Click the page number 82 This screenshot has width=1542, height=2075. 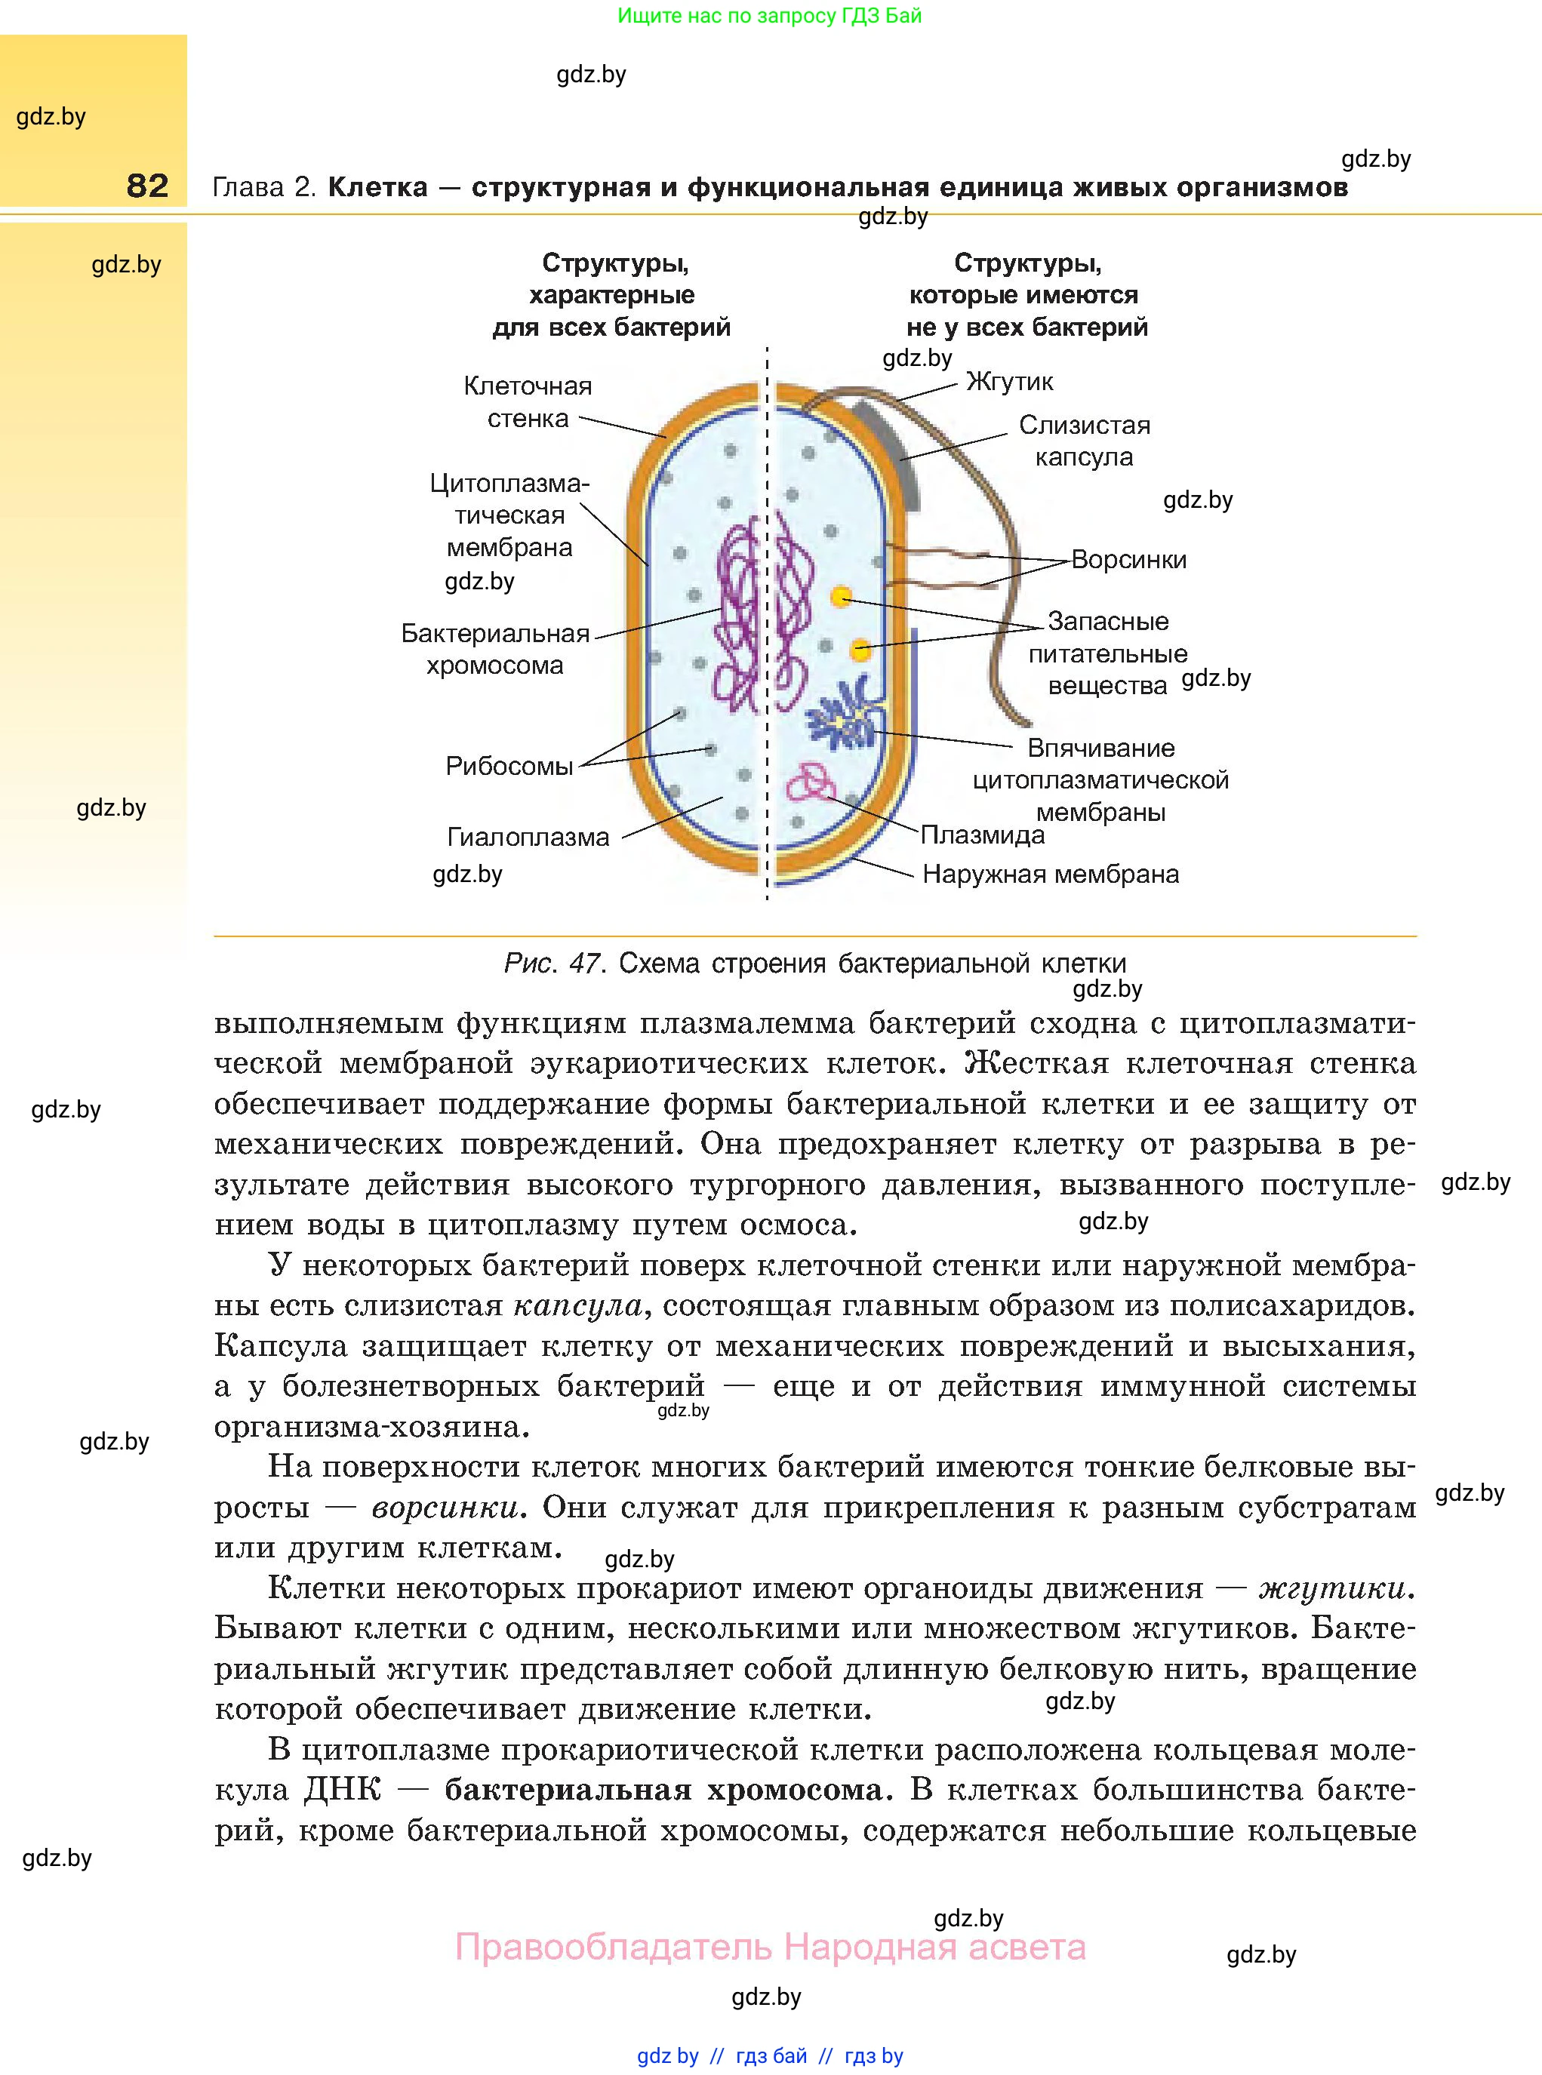[x=147, y=186]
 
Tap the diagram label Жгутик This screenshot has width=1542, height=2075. [x=1009, y=382]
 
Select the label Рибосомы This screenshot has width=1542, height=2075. [x=509, y=766]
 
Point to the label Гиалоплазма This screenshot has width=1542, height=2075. [x=528, y=837]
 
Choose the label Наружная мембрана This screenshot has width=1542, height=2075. [x=1050, y=875]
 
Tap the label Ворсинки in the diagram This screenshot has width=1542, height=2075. [x=1128, y=560]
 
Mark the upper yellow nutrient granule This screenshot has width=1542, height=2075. [x=842, y=595]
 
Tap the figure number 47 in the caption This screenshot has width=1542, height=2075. [x=584, y=963]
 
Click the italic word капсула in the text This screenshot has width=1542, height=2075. [x=578, y=1305]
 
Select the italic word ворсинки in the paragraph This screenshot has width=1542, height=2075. [x=445, y=1507]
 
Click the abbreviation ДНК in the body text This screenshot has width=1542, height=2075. [x=343, y=1790]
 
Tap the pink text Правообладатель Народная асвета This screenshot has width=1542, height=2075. [x=770, y=1947]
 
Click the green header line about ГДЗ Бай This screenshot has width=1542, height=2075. [x=770, y=16]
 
